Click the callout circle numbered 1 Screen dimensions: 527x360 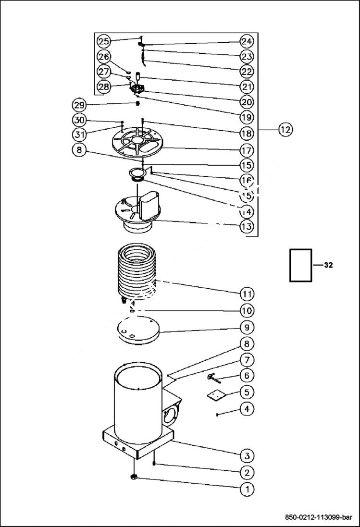click(x=247, y=490)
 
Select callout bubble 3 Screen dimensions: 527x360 click(x=247, y=455)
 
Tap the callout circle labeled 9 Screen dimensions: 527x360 click(x=247, y=327)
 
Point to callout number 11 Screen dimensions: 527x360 click(x=247, y=294)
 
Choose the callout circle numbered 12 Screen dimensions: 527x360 click(x=285, y=129)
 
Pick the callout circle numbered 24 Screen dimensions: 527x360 click(x=247, y=41)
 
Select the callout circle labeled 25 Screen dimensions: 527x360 click(x=103, y=41)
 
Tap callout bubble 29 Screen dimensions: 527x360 click(x=79, y=104)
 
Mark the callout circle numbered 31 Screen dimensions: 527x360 click(x=79, y=134)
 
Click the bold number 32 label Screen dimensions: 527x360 click(x=328, y=265)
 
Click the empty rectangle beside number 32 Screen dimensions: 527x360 click(x=300, y=265)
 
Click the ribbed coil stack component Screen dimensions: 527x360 click(x=138, y=271)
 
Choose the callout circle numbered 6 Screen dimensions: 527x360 click(x=247, y=375)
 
